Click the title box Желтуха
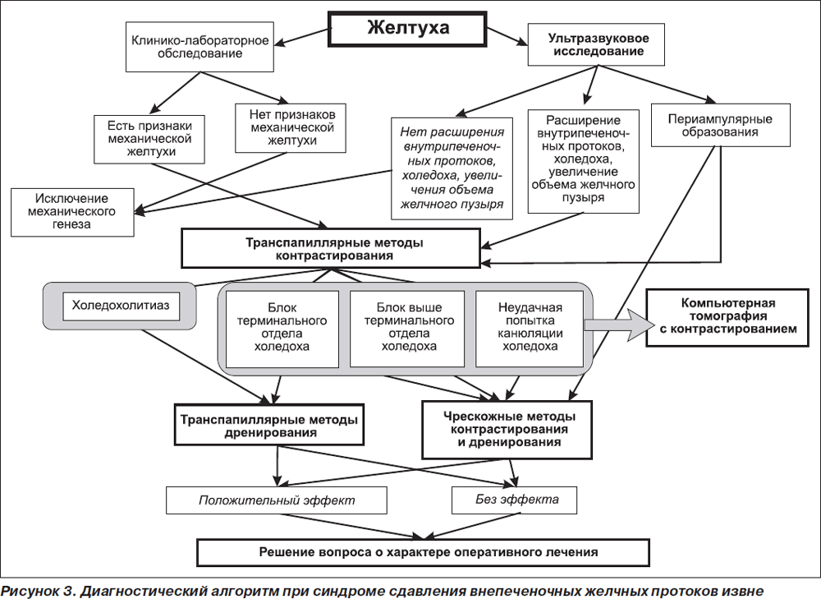pyautogui.click(x=408, y=29)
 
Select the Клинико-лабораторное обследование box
pyautogui.click(x=200, y=47)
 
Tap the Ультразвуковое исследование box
pyautogui.click(x=596, y=44)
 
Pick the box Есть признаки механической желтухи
pyautogui.click(x=149, y=139)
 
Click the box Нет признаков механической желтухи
pyautogui.click(x=291, y=128)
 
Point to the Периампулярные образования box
pyautogui.click(x=721, y=125)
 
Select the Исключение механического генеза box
pyautogui.click(x=72, y=212)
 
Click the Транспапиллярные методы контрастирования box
pyautogui.click(x=331, y=248)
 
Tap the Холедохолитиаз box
pyautogui.click(x=121, y=306)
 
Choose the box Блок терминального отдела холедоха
pyautogui.click(x=282, y=329)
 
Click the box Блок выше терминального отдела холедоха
pyautogui.click(x=407, y=329)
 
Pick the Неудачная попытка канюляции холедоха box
pyautogui.click(x=530, y=329)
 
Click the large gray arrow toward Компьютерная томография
pyautogui.click(x=619, y=325)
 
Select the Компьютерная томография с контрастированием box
pyautogui.click(x=727, y=317)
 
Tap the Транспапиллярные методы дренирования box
pyautogui.click(x=269, y=425)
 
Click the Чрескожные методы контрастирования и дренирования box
pyautogui.click(x=507, y=430)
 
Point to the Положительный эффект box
pyautogui.click(x=277, y=500)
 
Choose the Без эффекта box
pyautogui.click(x=514, y=500)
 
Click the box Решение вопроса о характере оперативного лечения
pyautogui.click(x=423, y=552)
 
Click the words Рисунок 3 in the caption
pyautogui.click(x=38, y=591)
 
